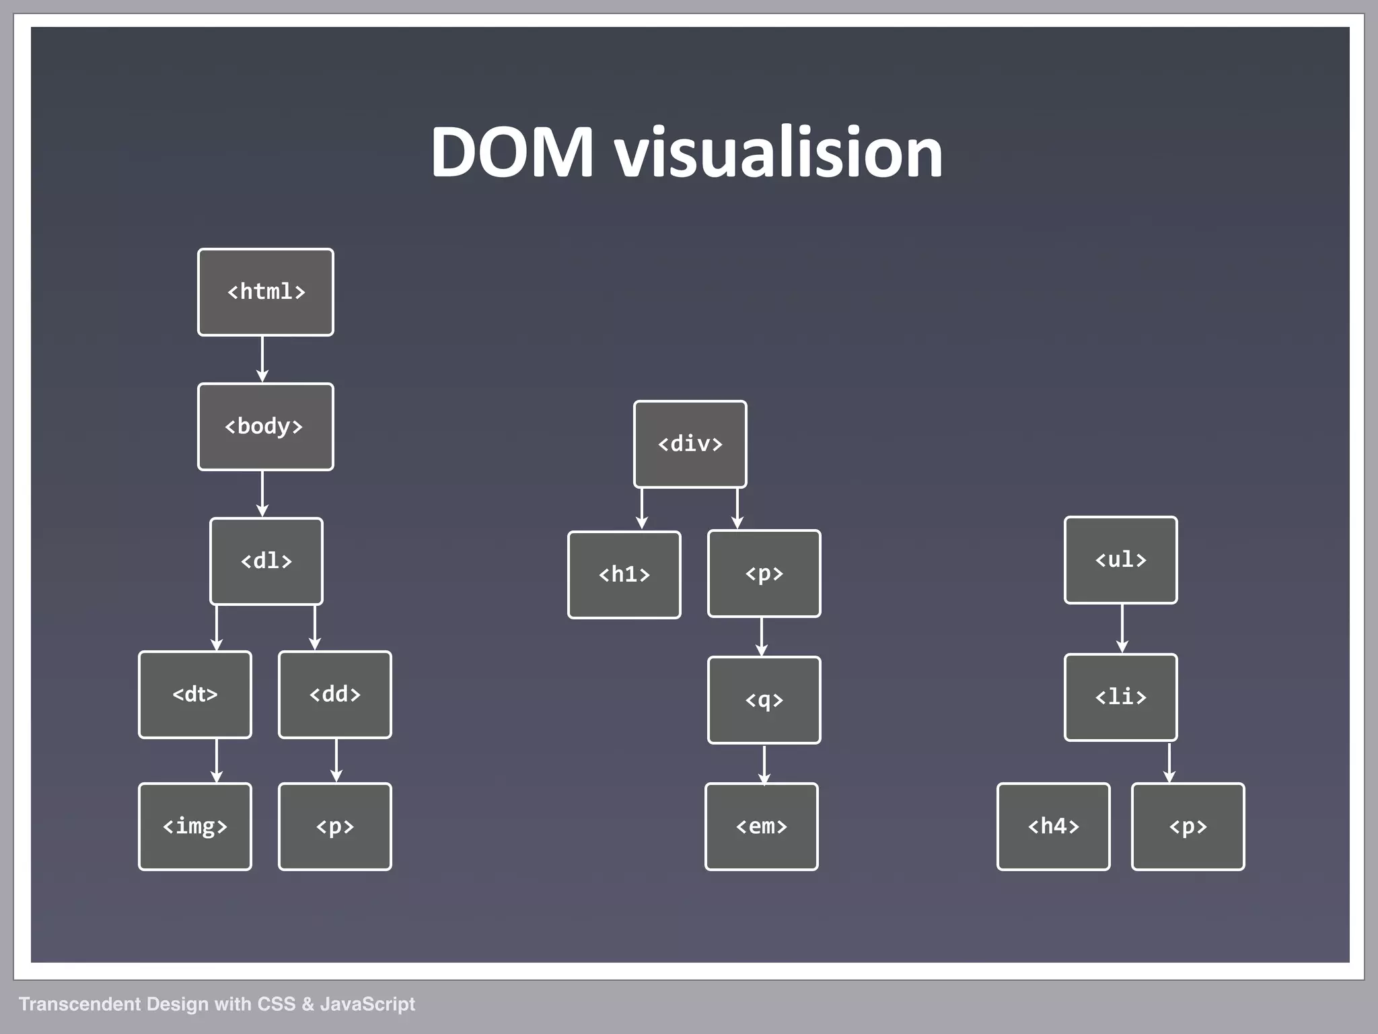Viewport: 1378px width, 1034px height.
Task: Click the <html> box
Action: click(x=266, y=292)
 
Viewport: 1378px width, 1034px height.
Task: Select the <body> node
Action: click(x=266, y=427)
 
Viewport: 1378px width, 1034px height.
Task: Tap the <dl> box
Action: click(x=266, y=561)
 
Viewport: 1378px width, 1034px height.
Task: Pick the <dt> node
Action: click(x=195, y=694)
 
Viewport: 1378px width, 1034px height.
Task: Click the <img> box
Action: click(x=195, y=826)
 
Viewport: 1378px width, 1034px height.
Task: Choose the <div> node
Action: click(x=690, y=444)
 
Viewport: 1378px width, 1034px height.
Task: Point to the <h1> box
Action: click(x=624, y=574)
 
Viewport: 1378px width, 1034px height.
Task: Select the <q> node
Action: click(x=764, y=700)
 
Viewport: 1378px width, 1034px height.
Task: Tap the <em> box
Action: click(x=762, y=826)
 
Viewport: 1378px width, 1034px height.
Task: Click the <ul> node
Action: click(x=1121, y=560)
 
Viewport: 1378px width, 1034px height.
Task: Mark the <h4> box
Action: click(x=1054, y=826)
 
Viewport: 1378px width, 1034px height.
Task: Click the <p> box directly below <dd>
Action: click(x=335, y=826)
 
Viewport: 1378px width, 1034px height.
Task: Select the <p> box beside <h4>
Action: click(x=1188, y=826)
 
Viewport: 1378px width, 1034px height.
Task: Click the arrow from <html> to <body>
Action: click(x=262, y=359)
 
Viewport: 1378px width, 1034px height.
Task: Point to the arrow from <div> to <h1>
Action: click(x=642, y=509)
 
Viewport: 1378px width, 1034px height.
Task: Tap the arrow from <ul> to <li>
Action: click(x=1122, y=629)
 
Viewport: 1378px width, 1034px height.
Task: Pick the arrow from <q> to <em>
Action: click(x=764, y=763)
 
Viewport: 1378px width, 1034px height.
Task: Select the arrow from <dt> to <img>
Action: click(x=217, y=761)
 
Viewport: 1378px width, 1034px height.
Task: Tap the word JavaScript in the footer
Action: click(x=367, y=1004)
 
